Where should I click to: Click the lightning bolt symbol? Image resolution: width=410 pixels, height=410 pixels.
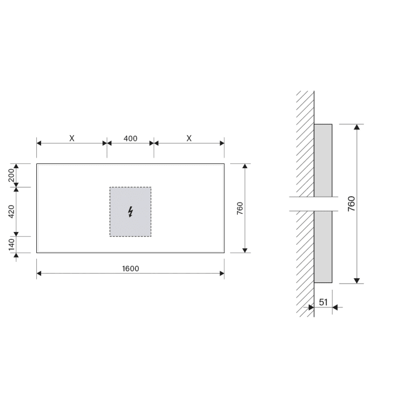pos(130,211)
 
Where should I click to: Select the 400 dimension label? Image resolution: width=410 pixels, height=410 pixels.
pos(131,139)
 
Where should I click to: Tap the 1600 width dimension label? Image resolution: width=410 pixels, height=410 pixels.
pos(131,269)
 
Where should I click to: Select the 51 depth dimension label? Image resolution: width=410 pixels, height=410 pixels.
pos(323,302)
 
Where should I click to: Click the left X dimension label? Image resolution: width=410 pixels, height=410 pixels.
pos(71,139)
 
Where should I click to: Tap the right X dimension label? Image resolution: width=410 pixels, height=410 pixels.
pos(189,139)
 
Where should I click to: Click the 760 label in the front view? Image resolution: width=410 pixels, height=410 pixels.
pos(240,209)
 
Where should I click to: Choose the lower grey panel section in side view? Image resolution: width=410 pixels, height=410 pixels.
pos(323,246)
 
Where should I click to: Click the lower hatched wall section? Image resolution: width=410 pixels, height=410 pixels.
pos(305,264)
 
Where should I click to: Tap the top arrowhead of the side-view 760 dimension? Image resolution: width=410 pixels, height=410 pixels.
pos(357,128)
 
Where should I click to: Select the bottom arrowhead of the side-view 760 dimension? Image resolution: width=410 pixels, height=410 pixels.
pos(357,280)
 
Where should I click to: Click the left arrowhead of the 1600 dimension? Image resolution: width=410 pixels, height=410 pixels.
pos(40,274)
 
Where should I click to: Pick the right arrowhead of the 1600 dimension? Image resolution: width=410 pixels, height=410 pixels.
pos(221,274)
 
